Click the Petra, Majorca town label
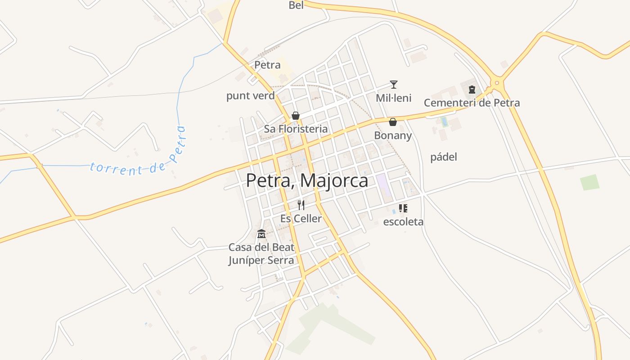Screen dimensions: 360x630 (x=307, y=181)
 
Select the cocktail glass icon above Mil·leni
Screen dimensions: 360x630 (x=394, y=85)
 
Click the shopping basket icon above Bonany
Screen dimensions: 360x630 (x=393, y=122)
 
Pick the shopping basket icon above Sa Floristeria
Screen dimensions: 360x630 (x=296, y=116)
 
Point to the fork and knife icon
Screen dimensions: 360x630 (x=301, y=205)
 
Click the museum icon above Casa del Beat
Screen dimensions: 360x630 (x=261, y=234)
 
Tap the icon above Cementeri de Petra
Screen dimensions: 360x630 (x=472, y=90)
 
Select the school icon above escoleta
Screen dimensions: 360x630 (x=403, y=208)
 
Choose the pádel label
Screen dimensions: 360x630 (x=444, y=157)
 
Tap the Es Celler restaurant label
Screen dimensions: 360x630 (x=301, y=219)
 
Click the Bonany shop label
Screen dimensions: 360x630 (x=393, y=135)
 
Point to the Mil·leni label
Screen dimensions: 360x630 (x=394, y=98)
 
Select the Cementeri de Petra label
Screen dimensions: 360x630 (x=472, y=103)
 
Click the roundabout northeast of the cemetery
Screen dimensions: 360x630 (x=497, y=83)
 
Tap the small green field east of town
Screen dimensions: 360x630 (x=589, y=182)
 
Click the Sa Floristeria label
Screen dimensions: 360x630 (x=296, y=129)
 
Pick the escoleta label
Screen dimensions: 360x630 (x=403, y=222)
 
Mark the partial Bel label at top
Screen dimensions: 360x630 (x=296, y=5)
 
